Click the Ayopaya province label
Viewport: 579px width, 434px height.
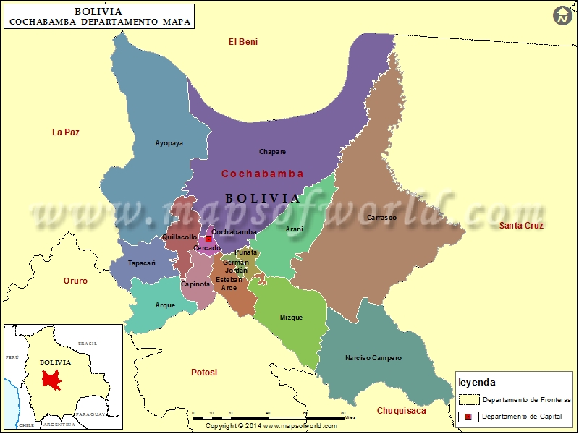coord(169,143)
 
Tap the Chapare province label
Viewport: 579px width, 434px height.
coord(272,152)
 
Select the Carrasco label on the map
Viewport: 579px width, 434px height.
coord(381,217)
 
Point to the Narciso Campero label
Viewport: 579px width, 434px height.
coord(373,358)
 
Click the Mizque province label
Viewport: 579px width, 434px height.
coord(291,318)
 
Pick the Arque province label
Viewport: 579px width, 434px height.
coord(165,305)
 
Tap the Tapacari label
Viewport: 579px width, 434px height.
coord(141,263)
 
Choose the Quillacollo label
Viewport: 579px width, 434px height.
coord(179,237)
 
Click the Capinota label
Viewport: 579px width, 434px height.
coord(195,284)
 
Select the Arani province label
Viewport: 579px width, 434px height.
coord(295,229)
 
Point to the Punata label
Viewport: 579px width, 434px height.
coord(246,252)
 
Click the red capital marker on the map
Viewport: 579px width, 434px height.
coord(208,239)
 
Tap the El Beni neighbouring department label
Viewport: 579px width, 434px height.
coord(243,42)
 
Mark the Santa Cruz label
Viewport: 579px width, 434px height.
coord(521,226)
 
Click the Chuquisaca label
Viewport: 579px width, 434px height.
coord(401,411)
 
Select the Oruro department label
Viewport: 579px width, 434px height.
coord(75,281)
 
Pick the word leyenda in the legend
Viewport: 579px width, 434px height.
coord(477,382)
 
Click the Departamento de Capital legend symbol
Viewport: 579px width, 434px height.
coord(468,416)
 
